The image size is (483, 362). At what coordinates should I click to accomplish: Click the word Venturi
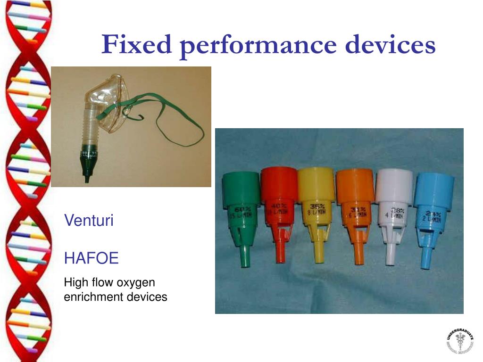(x=89, y=221)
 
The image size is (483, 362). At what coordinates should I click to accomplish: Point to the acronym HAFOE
(x=91, y=258)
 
